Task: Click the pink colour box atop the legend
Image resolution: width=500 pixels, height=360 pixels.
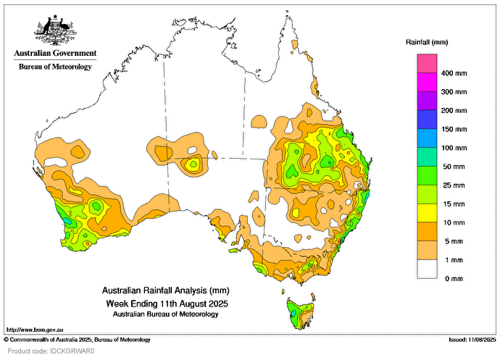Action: tap(427, 64)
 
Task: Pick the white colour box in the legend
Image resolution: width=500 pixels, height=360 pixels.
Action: tap(427, 269)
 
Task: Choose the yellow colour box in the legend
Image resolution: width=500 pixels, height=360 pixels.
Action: tap(427, 213)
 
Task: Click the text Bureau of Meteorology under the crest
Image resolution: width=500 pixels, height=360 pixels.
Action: tap(55, 67)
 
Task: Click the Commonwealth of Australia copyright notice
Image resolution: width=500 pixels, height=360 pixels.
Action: tap(77, 339)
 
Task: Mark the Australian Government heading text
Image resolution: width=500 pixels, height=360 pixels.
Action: tap(55, 53)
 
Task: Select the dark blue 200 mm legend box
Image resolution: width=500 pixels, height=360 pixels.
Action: tap(427, 120)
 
